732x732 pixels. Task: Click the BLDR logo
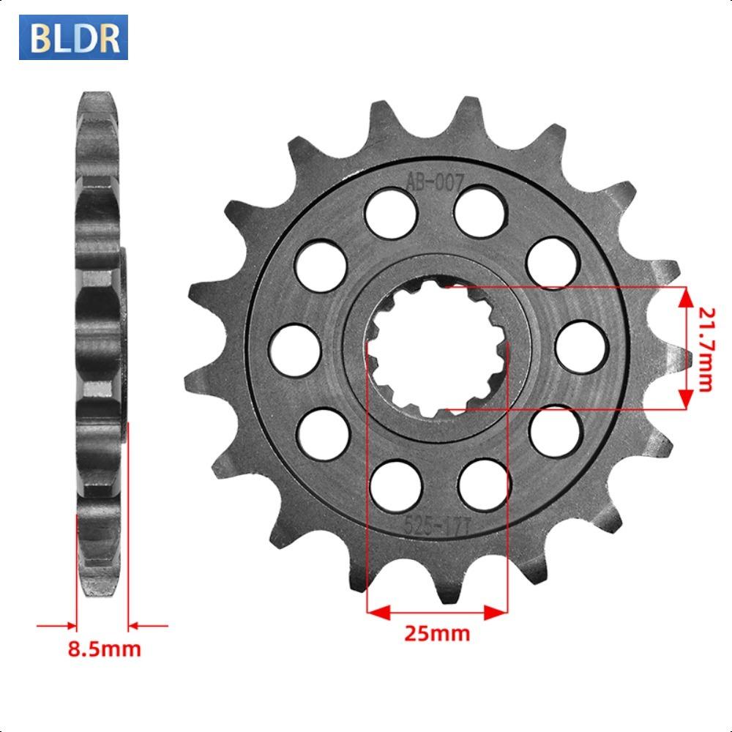coord(73,37)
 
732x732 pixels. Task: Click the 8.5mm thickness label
coord(104,649)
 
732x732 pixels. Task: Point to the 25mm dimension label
coord(437,633)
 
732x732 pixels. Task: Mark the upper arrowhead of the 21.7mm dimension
coord(686,296)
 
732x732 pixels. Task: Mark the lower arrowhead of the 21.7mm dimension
coord(686,399)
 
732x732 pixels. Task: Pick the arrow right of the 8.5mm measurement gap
coord(138,626)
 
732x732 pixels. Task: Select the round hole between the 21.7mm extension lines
coord(581,344)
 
